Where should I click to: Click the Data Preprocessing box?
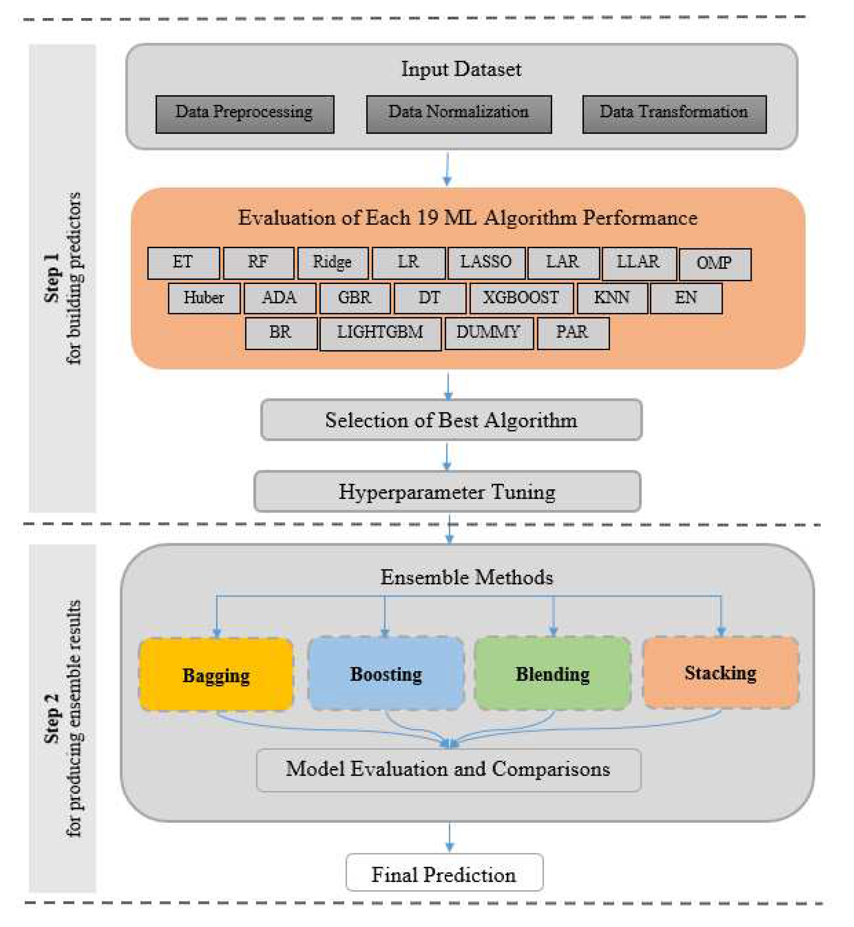coord(245,114)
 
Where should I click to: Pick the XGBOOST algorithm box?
coord(521,298)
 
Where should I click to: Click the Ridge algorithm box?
coord(332,263)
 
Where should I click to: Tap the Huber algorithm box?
coord(204,298)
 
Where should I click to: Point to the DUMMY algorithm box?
coord(489,333)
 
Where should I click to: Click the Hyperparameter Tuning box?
coord(447,491)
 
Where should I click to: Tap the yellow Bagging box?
coord(216,674)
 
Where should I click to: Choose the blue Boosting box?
coord(385,674)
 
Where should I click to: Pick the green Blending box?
coord(552,674)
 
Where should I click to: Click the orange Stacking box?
coord(720,673)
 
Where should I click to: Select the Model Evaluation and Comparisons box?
coord(448,769)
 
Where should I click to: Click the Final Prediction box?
coord(444,873)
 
